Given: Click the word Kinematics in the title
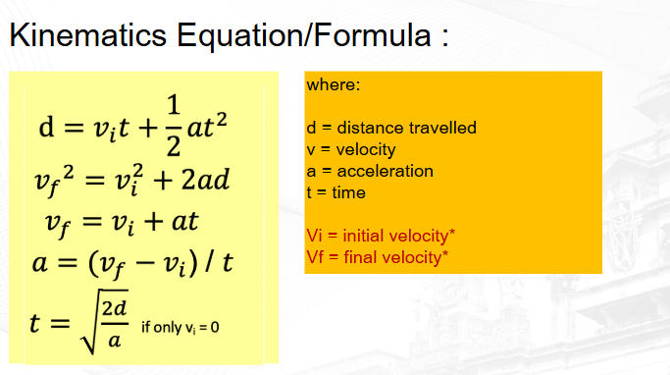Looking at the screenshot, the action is [88, 34].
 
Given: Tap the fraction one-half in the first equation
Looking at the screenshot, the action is [173, 126].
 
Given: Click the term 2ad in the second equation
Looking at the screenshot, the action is [206, 180].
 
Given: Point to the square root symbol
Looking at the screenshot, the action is [104, 322].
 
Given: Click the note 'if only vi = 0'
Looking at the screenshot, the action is [180, 328].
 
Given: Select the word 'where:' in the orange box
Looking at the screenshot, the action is [334, 84].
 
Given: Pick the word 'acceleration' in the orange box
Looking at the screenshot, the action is [385, 172].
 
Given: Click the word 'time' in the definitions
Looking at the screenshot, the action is [348, 192].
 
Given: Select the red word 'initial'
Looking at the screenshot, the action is [368, 236].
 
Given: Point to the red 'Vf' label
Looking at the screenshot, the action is [315, 257].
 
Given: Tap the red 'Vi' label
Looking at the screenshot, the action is [314, 236].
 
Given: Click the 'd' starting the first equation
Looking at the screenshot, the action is [46, 127].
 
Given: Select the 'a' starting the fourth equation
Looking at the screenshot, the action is [40, 263].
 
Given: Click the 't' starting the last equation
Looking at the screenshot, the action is [35, 322].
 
